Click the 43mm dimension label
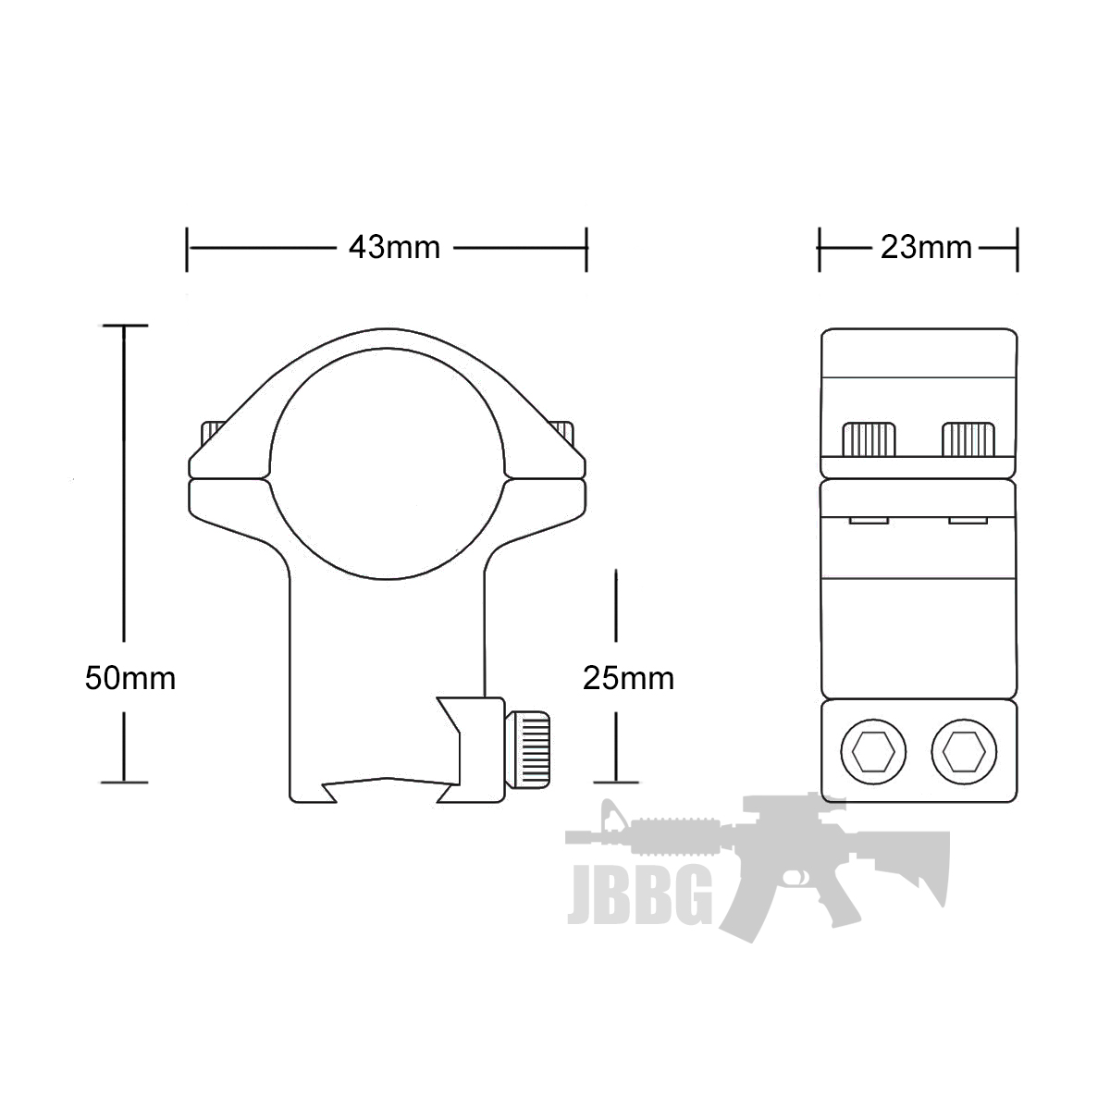[x=394, y=248]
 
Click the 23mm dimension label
[x=926, y=248]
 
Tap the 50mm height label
[x=129, y=678]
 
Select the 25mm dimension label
[x=628, y=678]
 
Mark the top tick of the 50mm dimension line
[x=125, y=326]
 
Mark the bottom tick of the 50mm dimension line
[x=125, y=782]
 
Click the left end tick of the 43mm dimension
[x=187, y=249]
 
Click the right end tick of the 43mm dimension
[x=586, y=249]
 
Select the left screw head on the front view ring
[x=212, y=430]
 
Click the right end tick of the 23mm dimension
[x=1017, y=249]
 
